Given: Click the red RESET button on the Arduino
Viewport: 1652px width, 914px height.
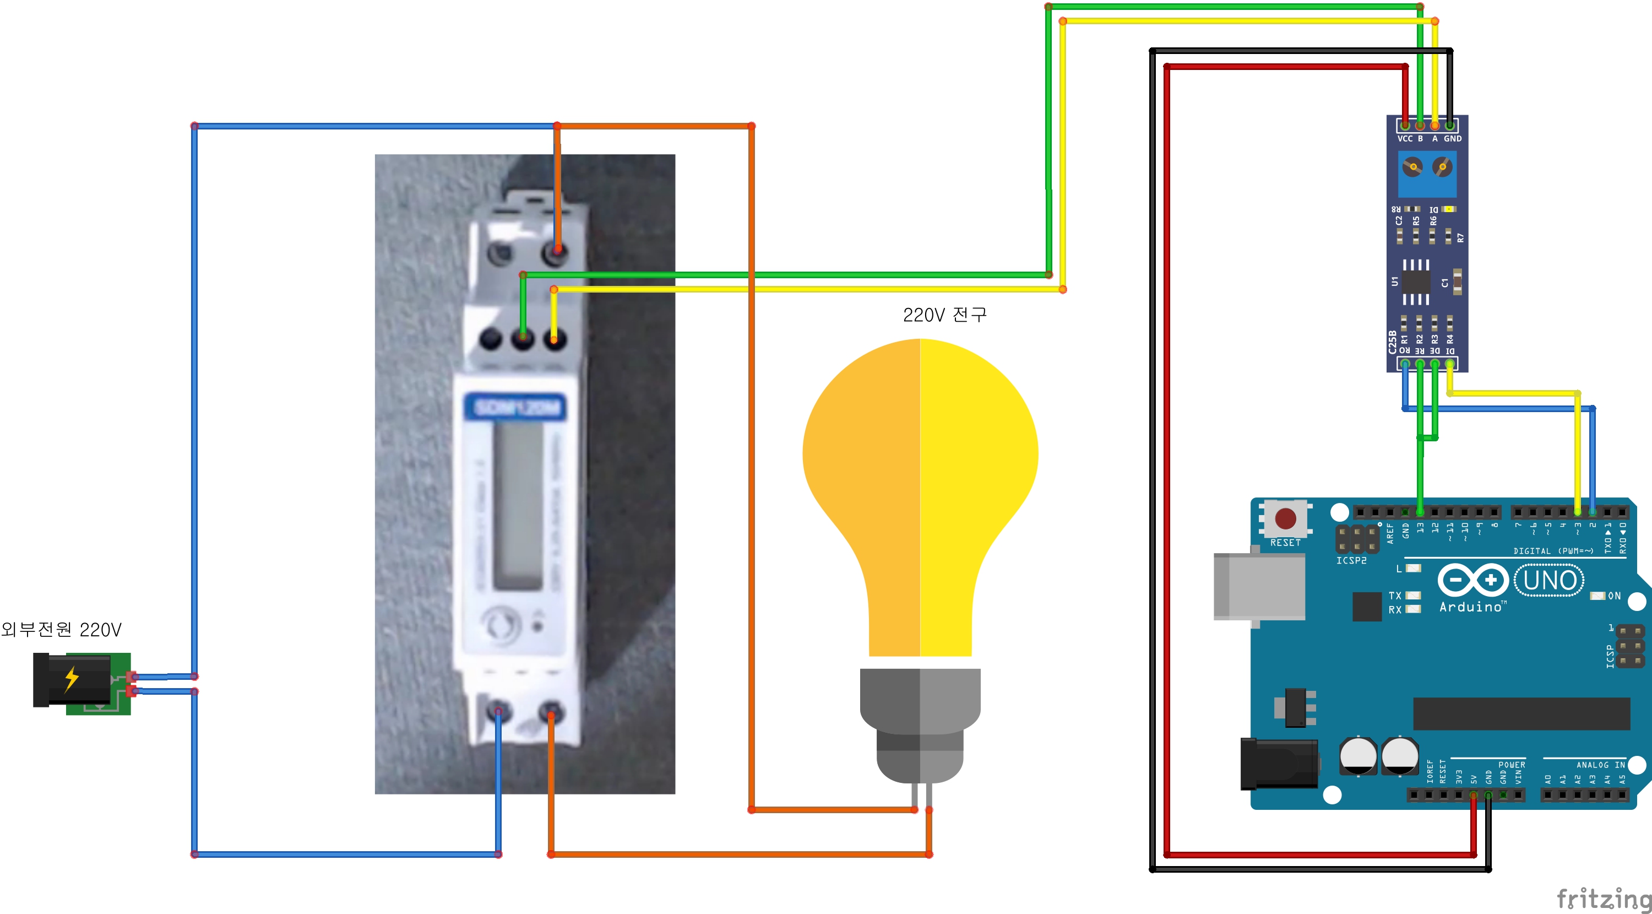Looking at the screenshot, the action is coord(1285,518).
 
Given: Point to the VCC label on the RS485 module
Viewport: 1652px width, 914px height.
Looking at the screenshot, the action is coord(1404,138).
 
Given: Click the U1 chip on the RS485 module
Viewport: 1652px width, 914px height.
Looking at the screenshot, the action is coord(1415,282).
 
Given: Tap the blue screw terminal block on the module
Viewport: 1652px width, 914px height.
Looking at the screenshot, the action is coord(1427,174).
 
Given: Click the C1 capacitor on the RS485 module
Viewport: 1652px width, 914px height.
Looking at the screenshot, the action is coord(1457,282).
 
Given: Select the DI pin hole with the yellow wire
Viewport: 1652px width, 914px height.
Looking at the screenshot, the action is coord(1449,364).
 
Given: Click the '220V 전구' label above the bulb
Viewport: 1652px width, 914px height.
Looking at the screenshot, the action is coord(944,315).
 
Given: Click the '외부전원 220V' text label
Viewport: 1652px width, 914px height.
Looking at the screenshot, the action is coord(62,629).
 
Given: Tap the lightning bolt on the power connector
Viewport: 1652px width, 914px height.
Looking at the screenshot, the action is coord(72,679).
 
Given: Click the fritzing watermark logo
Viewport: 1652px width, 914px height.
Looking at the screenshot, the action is coord(1603,898).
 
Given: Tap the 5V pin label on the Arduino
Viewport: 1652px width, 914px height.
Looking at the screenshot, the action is coord(1474,778).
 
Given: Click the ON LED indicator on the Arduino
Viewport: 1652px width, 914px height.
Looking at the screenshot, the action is coord(1597,596).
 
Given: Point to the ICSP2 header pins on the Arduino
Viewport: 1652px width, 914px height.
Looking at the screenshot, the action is coord(1357,539).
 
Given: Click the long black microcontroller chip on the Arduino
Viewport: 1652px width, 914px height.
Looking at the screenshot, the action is coord(1521,713).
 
